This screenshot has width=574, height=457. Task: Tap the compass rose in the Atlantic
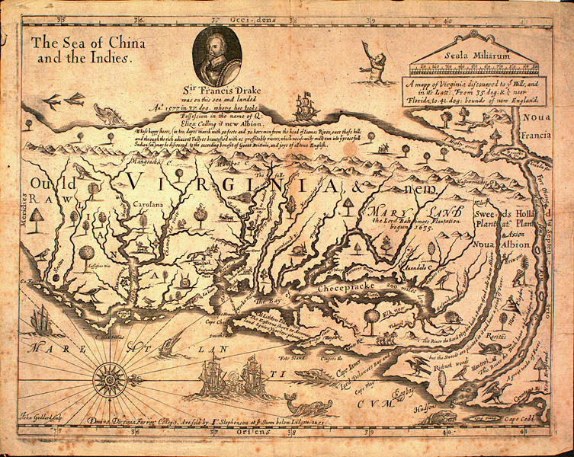tap(104, 374)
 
